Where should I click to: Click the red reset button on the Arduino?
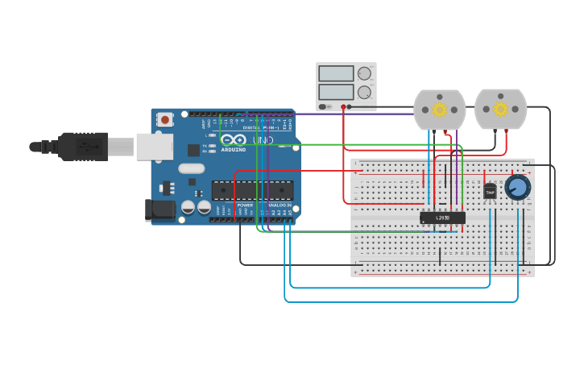(165, 120)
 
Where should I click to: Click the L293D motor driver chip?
(442, 218)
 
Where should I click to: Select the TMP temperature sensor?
(490, 191)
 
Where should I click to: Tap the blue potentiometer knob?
(518, 188)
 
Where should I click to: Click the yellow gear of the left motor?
(439, 109)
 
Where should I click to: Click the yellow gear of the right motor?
(500, 109)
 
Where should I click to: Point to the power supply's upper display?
(336, 73)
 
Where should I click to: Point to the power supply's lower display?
(336, 92)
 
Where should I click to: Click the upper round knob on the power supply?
(364, 73)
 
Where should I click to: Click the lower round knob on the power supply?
(364, 92)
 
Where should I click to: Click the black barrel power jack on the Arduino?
(159, 210)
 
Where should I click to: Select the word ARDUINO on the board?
(234, 149)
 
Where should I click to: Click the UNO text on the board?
(263, 140)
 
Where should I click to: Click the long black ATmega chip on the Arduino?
(252, 190)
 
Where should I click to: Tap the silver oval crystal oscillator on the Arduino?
(191, 168)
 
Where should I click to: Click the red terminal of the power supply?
(343, 106)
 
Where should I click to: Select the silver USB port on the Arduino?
(154, 147)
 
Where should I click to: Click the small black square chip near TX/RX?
(193, 150)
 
